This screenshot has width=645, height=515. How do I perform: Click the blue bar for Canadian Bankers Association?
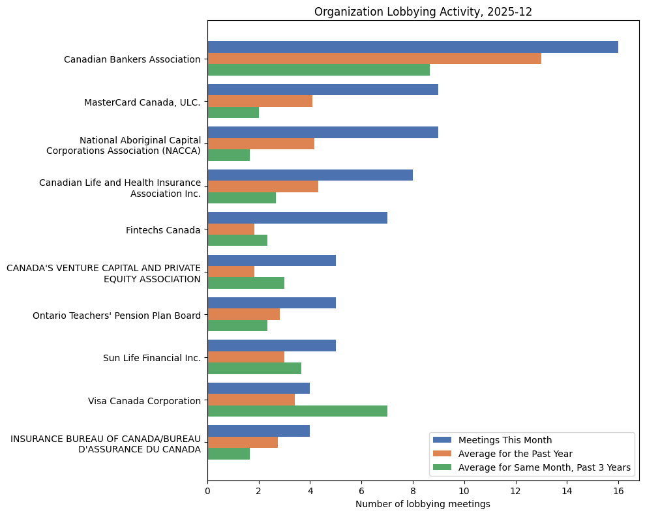[412, 47]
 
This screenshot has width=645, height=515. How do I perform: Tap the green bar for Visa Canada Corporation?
[297, 411]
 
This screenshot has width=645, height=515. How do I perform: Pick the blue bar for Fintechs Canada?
[297, 218]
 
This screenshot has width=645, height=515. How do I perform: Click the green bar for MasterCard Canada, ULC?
[233, 112]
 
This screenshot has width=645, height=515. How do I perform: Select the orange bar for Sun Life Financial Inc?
[245, 357]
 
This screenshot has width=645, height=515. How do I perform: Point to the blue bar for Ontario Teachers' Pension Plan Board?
[271, 303]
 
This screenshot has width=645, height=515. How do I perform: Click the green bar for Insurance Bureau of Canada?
[228, 454]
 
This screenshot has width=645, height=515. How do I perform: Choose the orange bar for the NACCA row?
[260, 143]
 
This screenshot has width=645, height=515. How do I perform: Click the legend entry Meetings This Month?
[505, 440]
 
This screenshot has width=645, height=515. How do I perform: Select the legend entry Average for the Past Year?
[515, 454]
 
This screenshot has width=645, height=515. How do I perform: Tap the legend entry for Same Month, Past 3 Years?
[545, 467]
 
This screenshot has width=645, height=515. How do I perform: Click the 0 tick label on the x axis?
[207, 490]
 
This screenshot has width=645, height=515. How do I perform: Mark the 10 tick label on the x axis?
[464, 490]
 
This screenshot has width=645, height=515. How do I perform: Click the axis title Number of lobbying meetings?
[423, 504]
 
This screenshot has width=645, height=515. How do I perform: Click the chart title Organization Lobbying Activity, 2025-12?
[423, 12]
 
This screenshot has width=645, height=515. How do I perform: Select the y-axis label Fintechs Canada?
[163, 230]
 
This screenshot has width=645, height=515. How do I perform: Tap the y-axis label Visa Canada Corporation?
[144, 401]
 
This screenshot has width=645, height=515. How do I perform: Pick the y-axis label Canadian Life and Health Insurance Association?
[120, 188]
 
